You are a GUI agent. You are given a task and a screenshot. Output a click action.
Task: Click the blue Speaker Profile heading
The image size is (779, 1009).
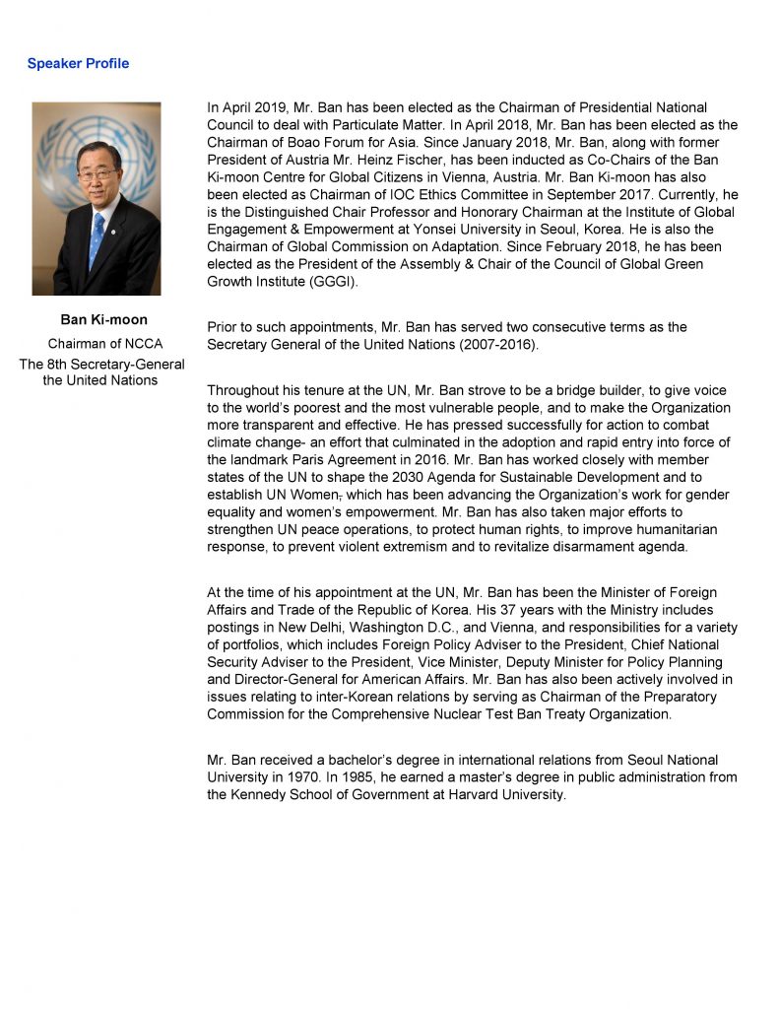coord(78,64)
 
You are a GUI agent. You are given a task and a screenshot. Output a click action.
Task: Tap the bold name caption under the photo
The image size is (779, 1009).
coord(104,320)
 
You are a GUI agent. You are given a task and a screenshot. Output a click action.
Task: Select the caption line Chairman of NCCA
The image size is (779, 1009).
coord(104,344)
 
